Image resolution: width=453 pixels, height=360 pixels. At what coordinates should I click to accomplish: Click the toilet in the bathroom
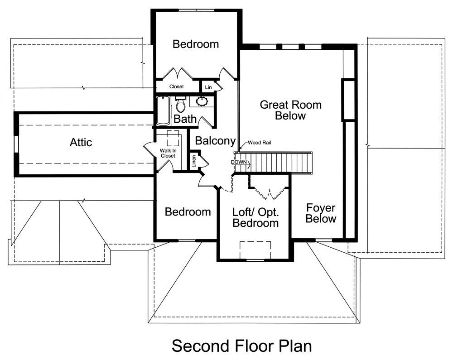point(180,105)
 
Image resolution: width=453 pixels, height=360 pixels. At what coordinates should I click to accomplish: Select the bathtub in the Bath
point(162,111)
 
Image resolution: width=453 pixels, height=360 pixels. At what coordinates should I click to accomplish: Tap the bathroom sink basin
point(202,101)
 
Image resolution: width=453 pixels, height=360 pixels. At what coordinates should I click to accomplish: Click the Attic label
point(81,142)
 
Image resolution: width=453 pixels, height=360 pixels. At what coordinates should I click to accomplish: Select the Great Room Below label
point(290,110)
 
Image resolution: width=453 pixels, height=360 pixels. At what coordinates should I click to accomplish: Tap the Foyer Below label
point(321,213)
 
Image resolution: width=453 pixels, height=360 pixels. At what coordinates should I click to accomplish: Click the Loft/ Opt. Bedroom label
point(255,217)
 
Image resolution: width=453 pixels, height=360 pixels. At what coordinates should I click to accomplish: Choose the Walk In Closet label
point(168,153)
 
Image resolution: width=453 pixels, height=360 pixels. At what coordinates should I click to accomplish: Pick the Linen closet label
point(194,162)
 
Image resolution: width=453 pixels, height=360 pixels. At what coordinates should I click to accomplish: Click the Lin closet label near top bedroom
point(208,87)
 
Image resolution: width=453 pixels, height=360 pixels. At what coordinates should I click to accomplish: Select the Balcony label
point(215,141)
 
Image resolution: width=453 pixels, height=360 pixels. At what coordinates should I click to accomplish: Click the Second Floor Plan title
point(242,346)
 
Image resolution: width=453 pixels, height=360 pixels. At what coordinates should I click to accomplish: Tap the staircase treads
point(281,162)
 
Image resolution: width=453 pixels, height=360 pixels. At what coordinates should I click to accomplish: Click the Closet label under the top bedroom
point(176,86)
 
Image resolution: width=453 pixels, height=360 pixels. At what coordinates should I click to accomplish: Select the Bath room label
point(185,119)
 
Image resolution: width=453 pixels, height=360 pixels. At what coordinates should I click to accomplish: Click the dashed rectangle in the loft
point(255,250)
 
